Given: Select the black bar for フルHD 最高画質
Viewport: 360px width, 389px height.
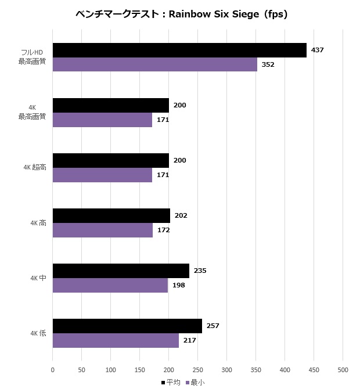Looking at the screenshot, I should click(179, 51).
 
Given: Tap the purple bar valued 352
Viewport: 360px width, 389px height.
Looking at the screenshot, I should click(154, 64).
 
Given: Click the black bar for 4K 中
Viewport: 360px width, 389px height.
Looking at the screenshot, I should click(121, 271).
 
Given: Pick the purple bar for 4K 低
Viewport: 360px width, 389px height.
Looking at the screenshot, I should click(116, 340).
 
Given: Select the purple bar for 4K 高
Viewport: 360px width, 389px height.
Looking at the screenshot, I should click(102, 230).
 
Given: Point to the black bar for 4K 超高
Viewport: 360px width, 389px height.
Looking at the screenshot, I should click(110, 161).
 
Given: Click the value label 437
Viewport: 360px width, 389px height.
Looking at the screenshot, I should click(317, 51).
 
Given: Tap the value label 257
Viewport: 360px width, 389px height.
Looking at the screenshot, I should click(213, 326).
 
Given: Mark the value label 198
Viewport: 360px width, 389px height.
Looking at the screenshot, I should click(178, 285).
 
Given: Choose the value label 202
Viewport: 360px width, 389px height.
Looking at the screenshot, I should click(181, 216).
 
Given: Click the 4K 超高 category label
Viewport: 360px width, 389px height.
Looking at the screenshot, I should click(34, 168).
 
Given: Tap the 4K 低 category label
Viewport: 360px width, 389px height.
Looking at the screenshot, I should click(38, 333).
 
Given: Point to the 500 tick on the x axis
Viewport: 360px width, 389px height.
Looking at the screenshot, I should click(343, 370).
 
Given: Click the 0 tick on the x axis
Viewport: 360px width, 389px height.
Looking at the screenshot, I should click(53, 370).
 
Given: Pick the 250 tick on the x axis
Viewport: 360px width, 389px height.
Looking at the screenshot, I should click(197, 370).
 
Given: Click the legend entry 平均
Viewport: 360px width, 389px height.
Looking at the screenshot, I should click(171, 383).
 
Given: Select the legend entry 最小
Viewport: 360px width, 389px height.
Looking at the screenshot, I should click(195, 383).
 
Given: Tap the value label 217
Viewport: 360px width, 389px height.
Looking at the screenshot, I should click(189, 340).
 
